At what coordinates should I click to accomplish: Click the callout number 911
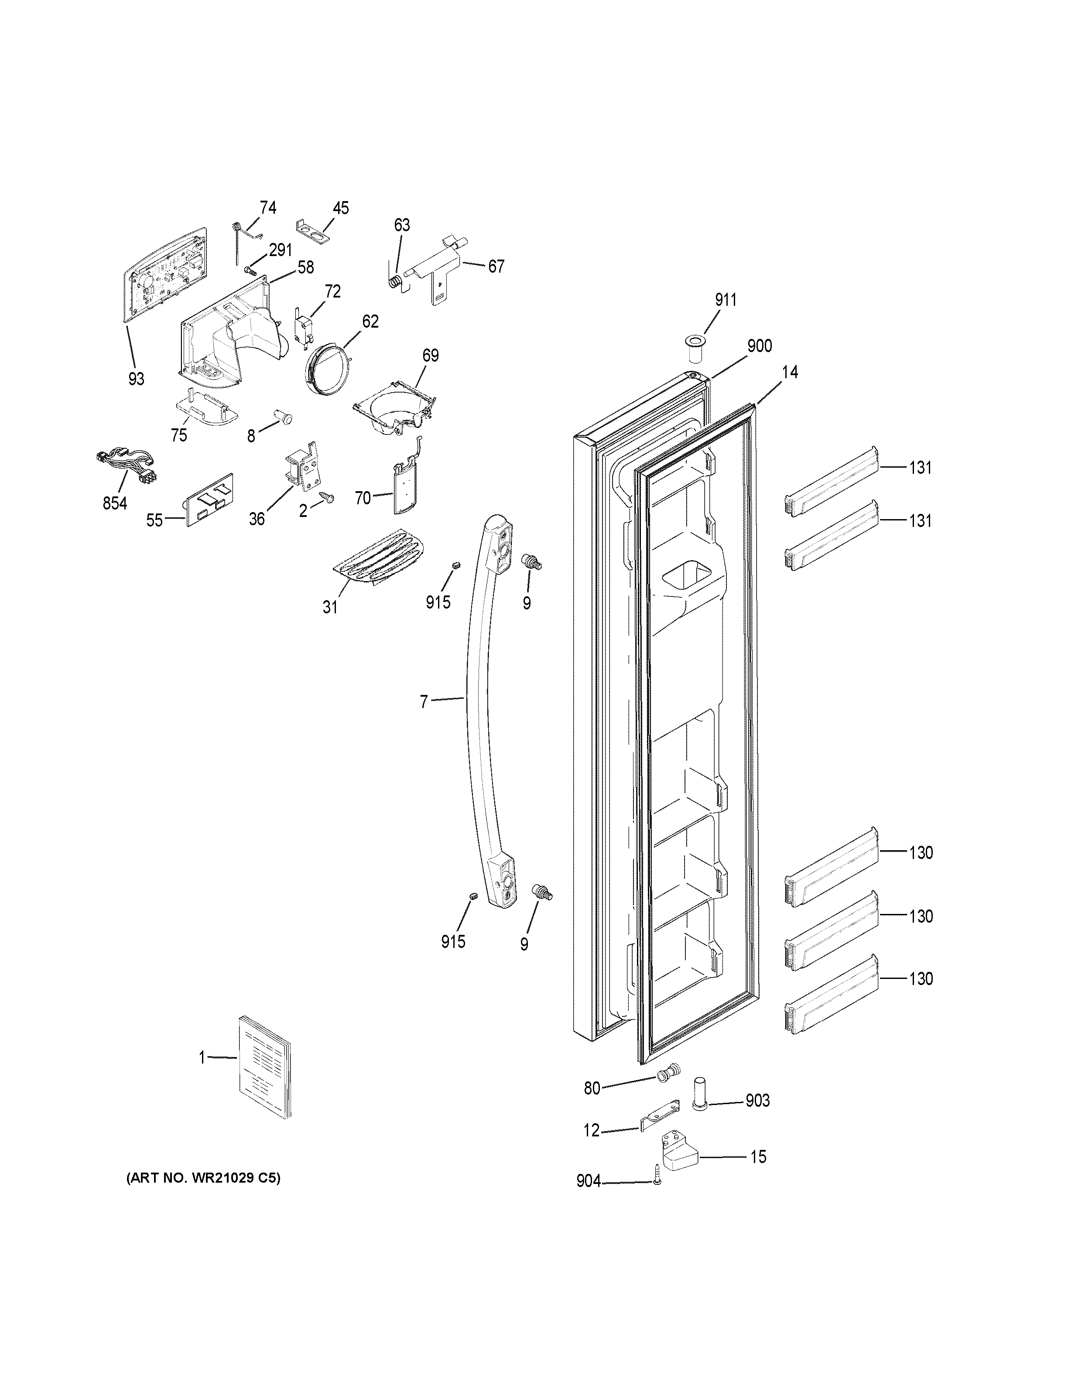(726, 300)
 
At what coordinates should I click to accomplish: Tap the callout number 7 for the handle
(424, 701)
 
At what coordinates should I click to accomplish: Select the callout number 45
(340, 208)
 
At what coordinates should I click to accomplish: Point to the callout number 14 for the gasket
(789, 372)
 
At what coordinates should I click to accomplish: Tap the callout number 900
(759, 345)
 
